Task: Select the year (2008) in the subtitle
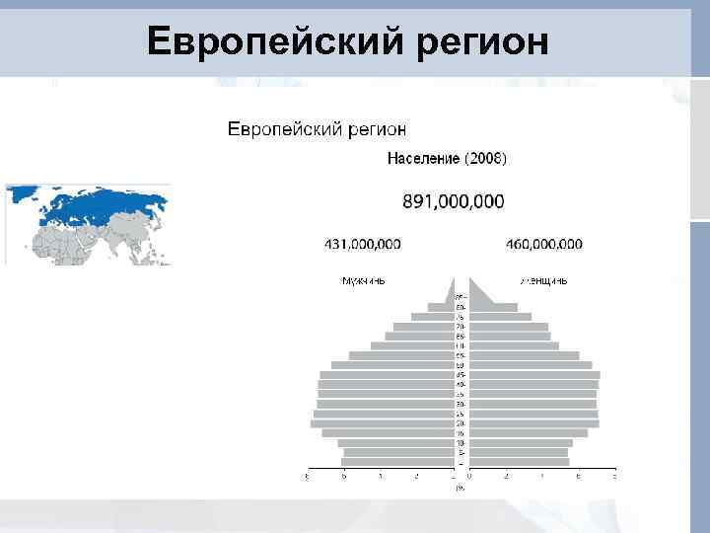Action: point(487,158)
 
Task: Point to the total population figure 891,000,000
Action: point(453,201)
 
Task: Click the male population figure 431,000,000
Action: point(362,244)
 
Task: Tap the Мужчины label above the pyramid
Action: point(363,280)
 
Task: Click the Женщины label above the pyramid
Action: point(543,280)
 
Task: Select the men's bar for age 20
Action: point(382,423)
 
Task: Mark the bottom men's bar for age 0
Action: point(396,462)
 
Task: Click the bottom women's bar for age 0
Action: point(519,462)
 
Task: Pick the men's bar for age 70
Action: point(423,327)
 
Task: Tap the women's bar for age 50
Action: point(531,365)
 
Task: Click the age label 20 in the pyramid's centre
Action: point(461,423)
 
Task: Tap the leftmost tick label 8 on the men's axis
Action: point(308,477)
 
